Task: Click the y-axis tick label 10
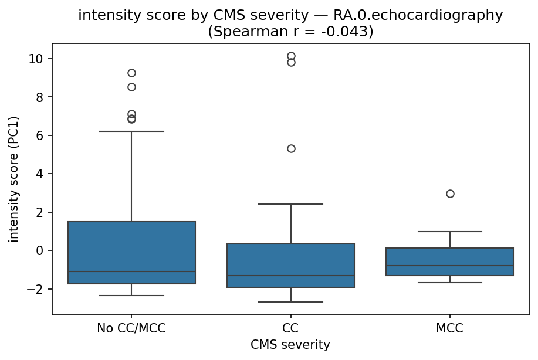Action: pos(39,59)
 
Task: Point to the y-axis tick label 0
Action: pos(42,251)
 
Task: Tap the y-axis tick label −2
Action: pos(39,289)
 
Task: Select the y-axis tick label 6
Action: pos(42,135)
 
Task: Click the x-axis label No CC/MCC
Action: pos(131,328)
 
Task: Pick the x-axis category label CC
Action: pos(290,328)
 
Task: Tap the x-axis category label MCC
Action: pos(450,328)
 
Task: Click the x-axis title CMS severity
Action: pos(290,344)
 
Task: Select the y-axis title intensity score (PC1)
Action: pos(14,179)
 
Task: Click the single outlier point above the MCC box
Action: pos(450,193)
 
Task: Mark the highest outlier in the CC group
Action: pos(291,56)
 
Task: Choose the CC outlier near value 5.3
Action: pos(291,148)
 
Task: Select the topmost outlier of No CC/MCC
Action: pos(131,73)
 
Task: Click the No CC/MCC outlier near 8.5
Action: pos(131,87)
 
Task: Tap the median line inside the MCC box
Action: pos(450,266)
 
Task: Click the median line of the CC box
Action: pos(290,276)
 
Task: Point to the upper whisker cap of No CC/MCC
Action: pos(131,131)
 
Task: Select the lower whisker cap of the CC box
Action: pos(290,302)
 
